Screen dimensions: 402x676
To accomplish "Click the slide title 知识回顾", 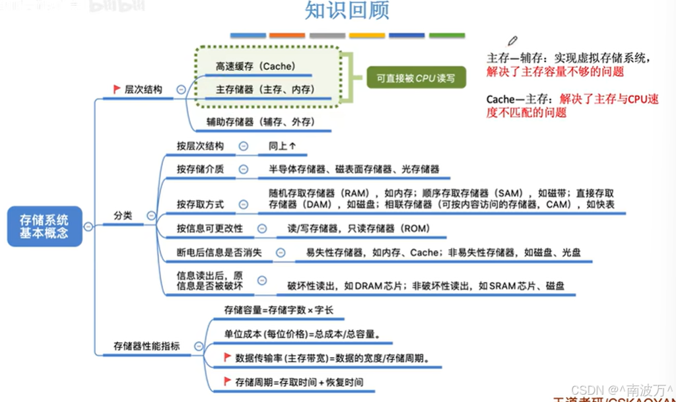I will coord(347,11).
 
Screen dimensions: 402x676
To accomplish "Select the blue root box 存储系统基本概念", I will coord(44,225).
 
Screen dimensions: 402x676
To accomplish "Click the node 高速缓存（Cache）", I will coord(255,67).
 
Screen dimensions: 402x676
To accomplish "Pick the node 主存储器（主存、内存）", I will coord(265,89).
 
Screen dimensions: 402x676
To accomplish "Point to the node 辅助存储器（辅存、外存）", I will coord(259,122).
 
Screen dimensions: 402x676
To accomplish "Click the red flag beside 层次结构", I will coord(116,89).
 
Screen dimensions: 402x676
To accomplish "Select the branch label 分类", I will coord(123,216).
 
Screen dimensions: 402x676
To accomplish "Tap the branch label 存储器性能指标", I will coord(147,345).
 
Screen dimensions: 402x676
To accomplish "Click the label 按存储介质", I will coord(200,169).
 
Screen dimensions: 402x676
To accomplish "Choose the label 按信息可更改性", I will coord(210,228).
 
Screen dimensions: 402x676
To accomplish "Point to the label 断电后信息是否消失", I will coord(219,252).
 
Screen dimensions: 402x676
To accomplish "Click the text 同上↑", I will coord(282,146).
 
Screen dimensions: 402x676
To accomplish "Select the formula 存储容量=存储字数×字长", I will coord(274,310).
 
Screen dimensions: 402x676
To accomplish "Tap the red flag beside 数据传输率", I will coord(227,358).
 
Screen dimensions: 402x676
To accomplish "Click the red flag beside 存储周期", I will coord(227,382).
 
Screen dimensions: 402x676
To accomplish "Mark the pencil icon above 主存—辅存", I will coord(513,41).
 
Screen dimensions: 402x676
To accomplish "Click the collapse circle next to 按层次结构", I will coord(244,146).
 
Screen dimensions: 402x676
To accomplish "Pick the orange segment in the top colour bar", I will coord(287,35).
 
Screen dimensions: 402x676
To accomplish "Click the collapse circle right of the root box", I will coord(88,226).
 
